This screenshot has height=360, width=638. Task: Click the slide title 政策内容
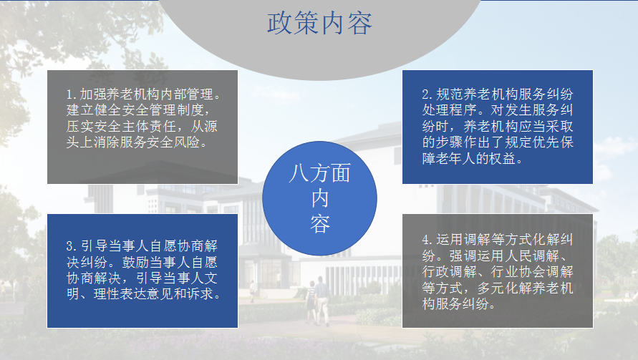[319, 23]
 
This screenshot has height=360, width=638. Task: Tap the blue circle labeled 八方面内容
[319, 198]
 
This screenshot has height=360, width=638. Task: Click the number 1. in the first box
[72, 94]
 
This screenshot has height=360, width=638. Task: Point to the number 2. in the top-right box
[427, 94]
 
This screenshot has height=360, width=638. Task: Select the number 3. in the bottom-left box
[72, 246]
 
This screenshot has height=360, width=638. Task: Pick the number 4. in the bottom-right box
[427, 240]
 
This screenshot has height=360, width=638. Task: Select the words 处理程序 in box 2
[449, 110]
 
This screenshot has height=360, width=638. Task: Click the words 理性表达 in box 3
[120, 293]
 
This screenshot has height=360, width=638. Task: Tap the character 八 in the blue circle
[299, 173]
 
